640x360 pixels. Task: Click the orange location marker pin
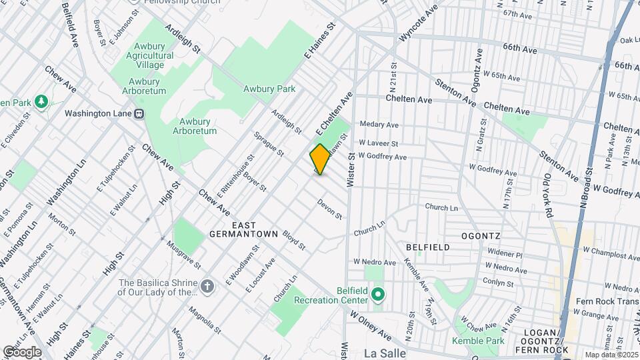pyautogui.click(x=320, y=159)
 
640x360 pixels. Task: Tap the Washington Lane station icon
pyautogui.click(x=140, y=113)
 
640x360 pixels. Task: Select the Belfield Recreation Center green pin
pyautogui.click(x=379, y=293)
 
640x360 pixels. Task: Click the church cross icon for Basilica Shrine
pyautogui.click(x=207, y=287)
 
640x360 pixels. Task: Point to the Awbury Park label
pyautogui.click(x=269, y=88)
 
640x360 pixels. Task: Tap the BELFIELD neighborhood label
pyautogui.click(x=427, y=247)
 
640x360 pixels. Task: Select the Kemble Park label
pyautogui.click(x=477, y=341)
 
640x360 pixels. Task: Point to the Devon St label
pyautogui.click(x=329, y=209)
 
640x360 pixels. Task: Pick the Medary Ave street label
pyautogui.click(x=379, y=125)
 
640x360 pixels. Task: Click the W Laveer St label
pyautogui.click(x=378, y=143)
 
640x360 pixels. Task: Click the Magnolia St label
pyautogui.click(x=203, y=319)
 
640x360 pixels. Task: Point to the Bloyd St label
pyautogui.click(x=293, y=241)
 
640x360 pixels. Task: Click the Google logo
pyautogui.click(x=22, y=351)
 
